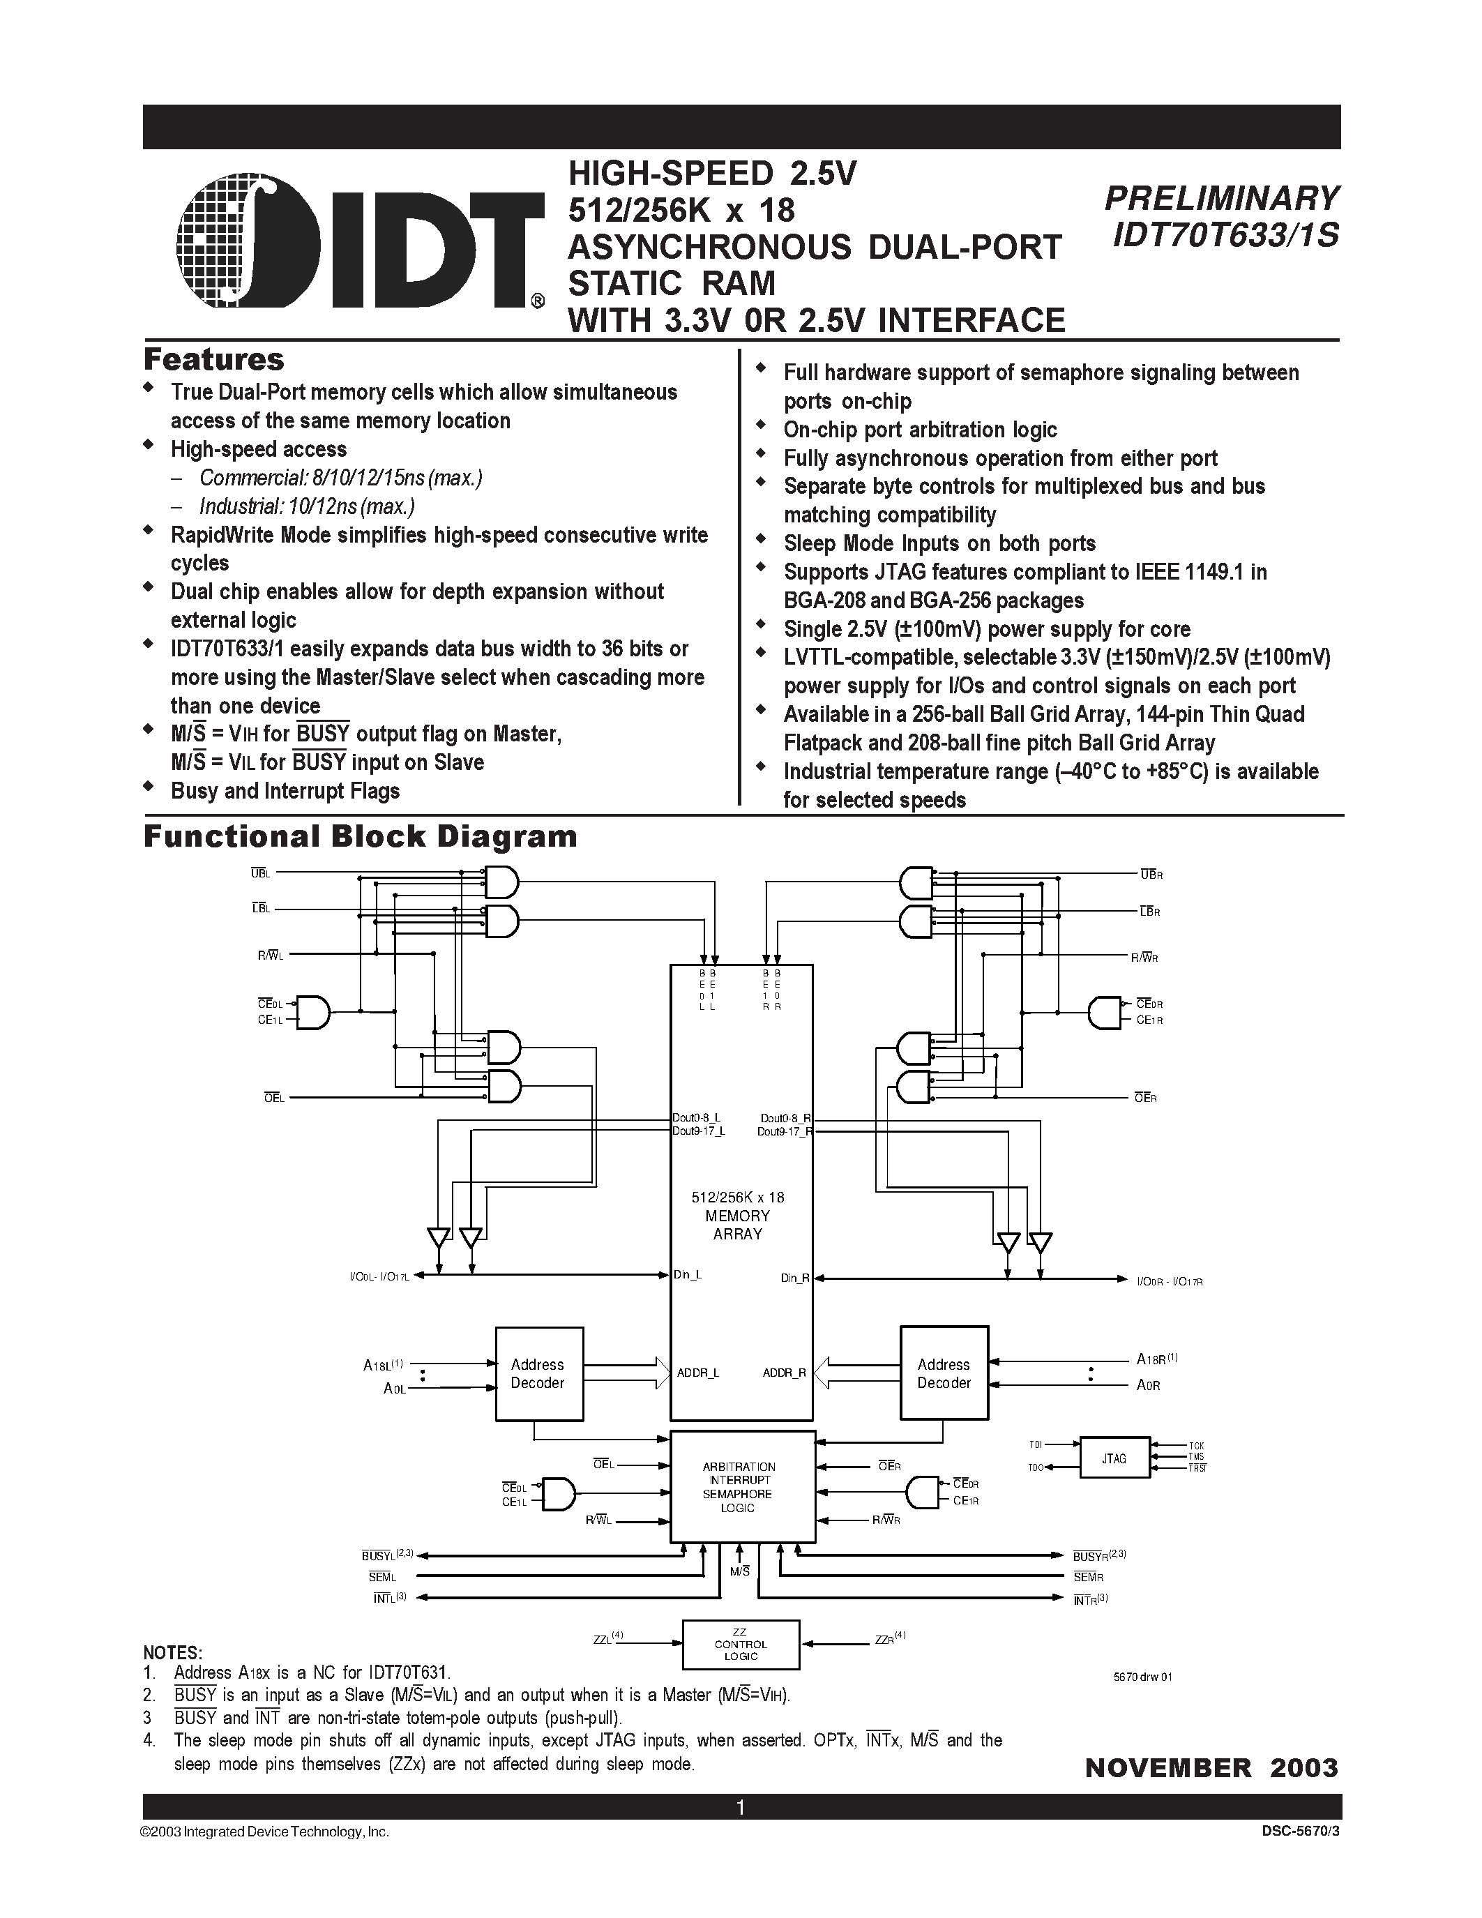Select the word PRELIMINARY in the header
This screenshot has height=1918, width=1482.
coord(1222,199)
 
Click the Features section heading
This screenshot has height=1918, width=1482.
coord(213,360)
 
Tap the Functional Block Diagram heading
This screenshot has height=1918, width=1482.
coord(360,836)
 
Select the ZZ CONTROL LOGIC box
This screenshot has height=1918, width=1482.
coord(741,1645)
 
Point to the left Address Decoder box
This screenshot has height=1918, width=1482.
coord(539,1373)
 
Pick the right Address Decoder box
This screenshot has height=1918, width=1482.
coord(944,1373)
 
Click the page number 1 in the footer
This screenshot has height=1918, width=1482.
coord(740,1807)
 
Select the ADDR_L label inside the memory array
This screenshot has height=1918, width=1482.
coord(698,1373)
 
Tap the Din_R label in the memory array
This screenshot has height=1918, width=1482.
coord(794,1278)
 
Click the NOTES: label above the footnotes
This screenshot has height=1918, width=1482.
coord(173,1653)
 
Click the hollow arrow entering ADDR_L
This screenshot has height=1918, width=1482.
coord(627,1373)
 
